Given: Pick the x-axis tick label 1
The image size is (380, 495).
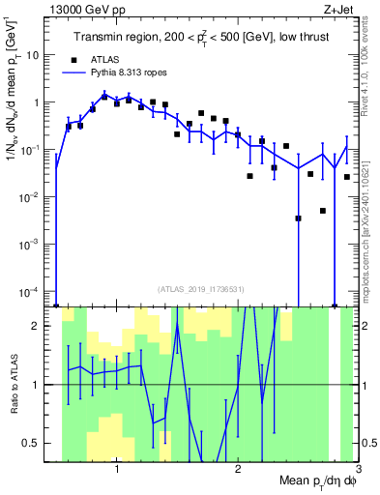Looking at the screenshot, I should tap(117, 471).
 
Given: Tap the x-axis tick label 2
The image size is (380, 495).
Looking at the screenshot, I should tap(238, 471).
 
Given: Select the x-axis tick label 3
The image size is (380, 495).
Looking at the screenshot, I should tap(357, 471).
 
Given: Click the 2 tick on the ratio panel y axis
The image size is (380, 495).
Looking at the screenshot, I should tap(44, 326).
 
